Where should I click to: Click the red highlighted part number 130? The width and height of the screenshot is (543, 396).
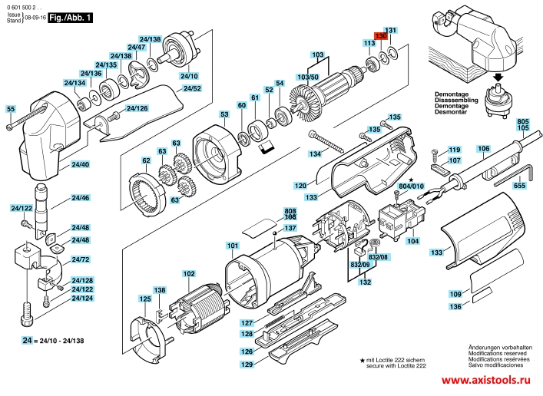pyautogui.click(x=381, y=36)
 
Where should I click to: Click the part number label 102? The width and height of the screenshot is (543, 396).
pyautogui.click(x=188, y=274)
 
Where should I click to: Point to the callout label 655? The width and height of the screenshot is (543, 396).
pyautogui.click(x=519, y=185)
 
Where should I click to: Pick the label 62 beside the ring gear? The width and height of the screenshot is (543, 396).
pyautogui.click(x=146, y=161)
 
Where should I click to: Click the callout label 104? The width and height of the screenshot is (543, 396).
pyautogui.click(x=412, y=241)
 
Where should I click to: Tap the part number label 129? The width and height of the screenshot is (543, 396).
pyautogui.click(x=246, y=365)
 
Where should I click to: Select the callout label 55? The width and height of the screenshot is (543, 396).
pyautogui.click(x=10, y=109)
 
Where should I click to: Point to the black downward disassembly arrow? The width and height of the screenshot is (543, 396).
pyautogui.click(x=498, y=76)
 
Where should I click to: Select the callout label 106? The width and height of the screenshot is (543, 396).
pyautogui.click(x=483, y=148)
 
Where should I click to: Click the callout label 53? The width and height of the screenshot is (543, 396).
pyautogui.click(x=224, y=114)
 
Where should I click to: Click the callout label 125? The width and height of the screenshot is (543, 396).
pyautogui.click(x=144, y=299)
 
